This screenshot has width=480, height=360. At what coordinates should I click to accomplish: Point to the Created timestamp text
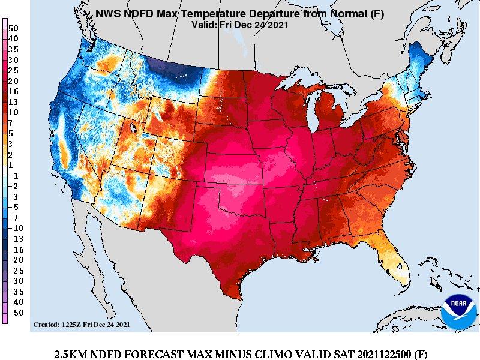[x=81, y=325]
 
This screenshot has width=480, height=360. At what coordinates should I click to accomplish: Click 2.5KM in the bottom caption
[x=70, y=354]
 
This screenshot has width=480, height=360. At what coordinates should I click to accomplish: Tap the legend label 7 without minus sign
[x=12, y=122]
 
